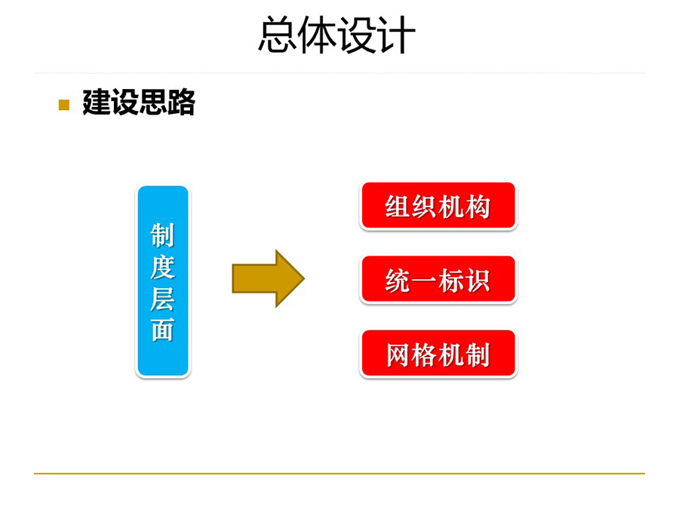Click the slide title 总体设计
click(337, 35)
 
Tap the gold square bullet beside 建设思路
click(64, 105)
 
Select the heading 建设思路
click(139, 103)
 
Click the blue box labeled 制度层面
click(163, 281)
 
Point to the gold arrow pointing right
click(269, 278)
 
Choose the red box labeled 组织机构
click(438, 206)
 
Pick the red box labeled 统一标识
click(438, 280)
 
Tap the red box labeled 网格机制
click(438, 354)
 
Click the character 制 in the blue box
click(162, 235)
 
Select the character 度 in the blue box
click(162, 267)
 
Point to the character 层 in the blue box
click(162, 298)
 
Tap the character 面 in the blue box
click(162, 330)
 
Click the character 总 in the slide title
click(278, 35)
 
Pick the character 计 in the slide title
click(398, 35)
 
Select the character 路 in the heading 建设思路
click(181, 103)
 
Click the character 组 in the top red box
click(398, 207)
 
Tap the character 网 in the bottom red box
click(398, 355)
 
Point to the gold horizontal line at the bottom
click(339, 474)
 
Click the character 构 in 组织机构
click(478, 207)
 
